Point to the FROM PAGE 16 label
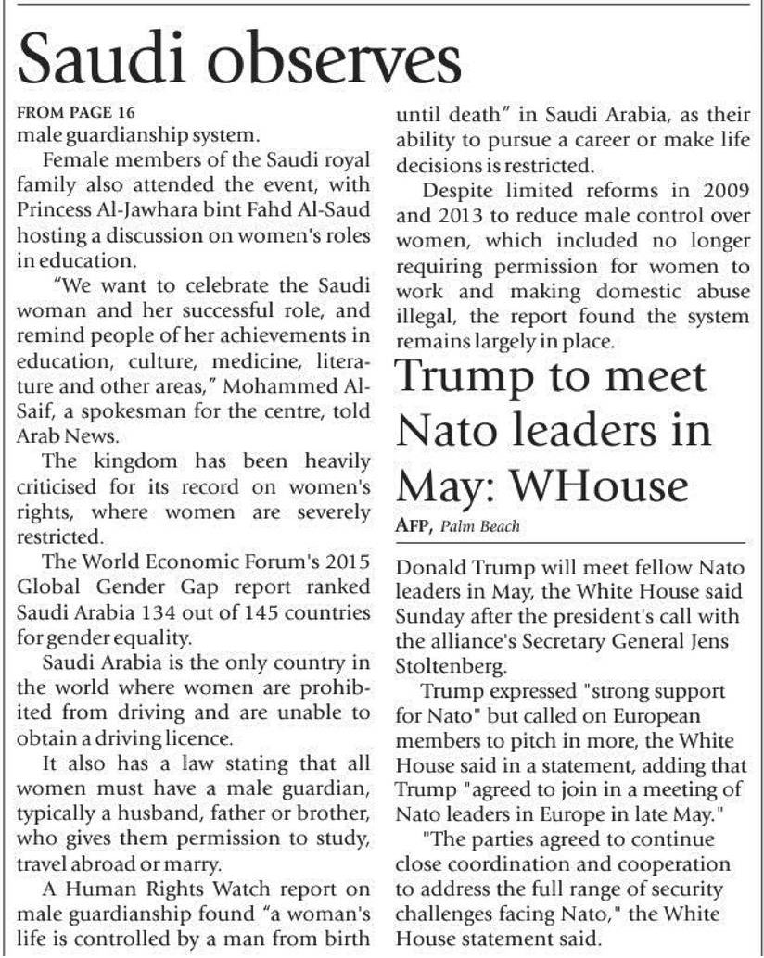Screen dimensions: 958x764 tap(77, 113)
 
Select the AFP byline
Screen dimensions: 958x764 tap(414, 528)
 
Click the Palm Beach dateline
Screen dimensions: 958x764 tap(481, 528)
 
